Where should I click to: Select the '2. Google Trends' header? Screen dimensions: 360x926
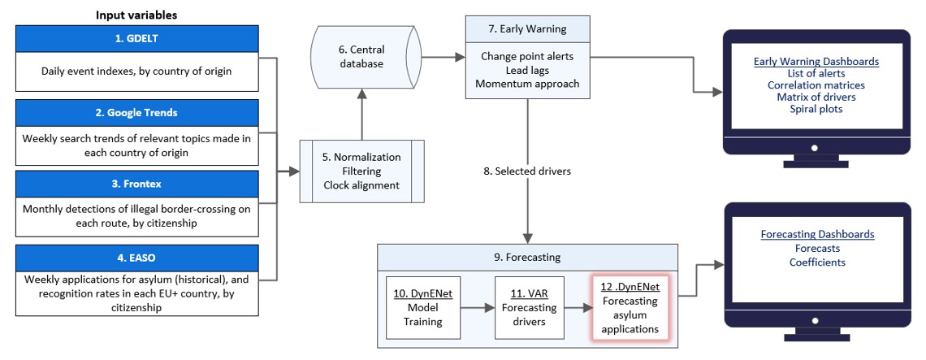click(136, 113)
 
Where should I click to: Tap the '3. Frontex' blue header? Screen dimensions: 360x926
click(136, 184)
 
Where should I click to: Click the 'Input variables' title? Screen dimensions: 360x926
click(136, 15)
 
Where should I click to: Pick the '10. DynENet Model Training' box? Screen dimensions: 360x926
click(422, 307)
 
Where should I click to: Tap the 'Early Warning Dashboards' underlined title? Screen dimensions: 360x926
click(816, 61)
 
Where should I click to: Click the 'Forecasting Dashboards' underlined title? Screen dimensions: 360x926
click(817, 234)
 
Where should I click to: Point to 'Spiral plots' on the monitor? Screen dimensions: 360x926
click(816, 109)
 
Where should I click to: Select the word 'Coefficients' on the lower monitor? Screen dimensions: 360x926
click(817, 262)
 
